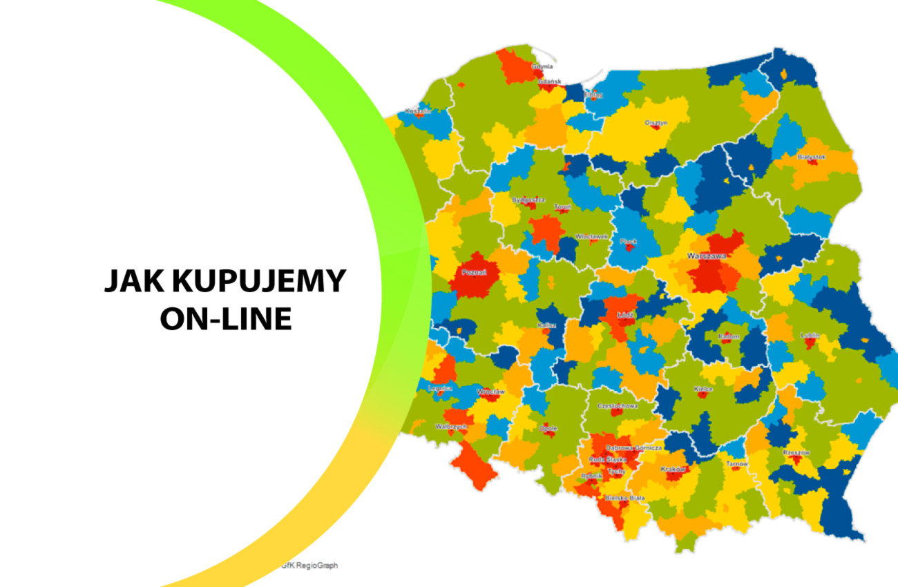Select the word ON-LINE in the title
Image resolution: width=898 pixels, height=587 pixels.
coord(225,319)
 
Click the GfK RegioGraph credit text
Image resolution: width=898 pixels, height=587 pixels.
coord(309,565)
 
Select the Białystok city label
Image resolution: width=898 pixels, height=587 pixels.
coord(811,157)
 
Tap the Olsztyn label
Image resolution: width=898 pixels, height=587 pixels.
coord(656,123)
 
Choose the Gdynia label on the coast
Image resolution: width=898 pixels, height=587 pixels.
coord(542,66)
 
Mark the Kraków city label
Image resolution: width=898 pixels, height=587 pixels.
coord(672,469)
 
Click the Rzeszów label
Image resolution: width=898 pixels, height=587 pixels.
coord(796,452)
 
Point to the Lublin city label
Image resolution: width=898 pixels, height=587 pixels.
coord(810,336)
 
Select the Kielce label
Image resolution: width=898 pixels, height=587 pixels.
coord(703,389)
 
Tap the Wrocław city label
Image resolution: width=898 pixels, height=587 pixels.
coord(492,392)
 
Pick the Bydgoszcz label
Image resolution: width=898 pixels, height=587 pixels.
coord(528,200)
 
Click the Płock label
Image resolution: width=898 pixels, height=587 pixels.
coord(628,241)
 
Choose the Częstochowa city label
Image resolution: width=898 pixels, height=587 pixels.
coord(618,406)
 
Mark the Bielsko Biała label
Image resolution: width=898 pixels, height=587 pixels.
coord(624,497)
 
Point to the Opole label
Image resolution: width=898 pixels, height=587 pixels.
coord(548,428)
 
